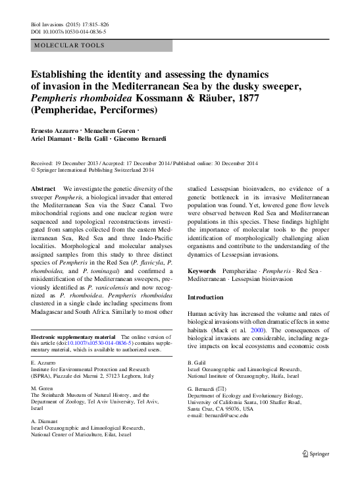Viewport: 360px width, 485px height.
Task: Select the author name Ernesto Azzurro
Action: pyautogui.click(x=55, y=131)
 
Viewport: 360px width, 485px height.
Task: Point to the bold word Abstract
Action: pyautogui.click(x=43, y=189)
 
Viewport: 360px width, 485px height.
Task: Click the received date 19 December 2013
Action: pyautogui.click(x=83, y=162)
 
